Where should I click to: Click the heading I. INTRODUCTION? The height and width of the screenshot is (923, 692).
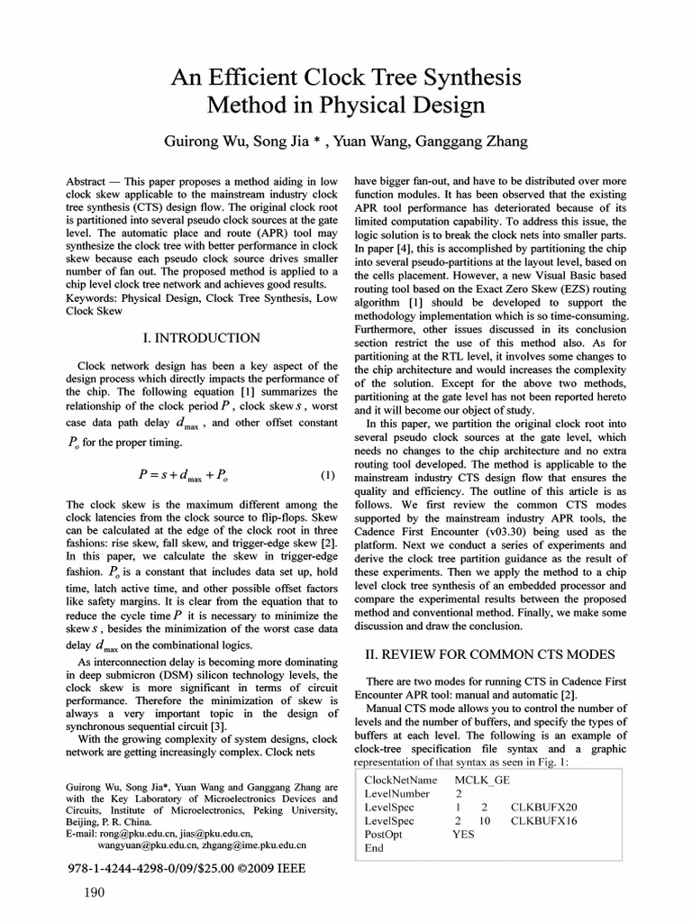coord(202,338)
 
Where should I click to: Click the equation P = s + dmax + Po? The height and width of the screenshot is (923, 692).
coord(187,474)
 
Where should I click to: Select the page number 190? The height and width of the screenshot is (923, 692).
coord(94,893)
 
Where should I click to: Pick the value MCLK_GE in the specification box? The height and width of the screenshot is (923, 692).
coord(482,780)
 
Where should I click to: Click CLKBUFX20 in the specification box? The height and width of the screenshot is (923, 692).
coord(544,807)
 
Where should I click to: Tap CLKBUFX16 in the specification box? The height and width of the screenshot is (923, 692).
coord(544,820)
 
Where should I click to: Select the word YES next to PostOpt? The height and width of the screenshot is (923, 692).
coord(463,834)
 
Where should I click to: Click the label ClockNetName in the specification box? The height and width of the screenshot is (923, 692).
coord(401,780)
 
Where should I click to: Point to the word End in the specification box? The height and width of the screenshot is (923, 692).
coord(374,847)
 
